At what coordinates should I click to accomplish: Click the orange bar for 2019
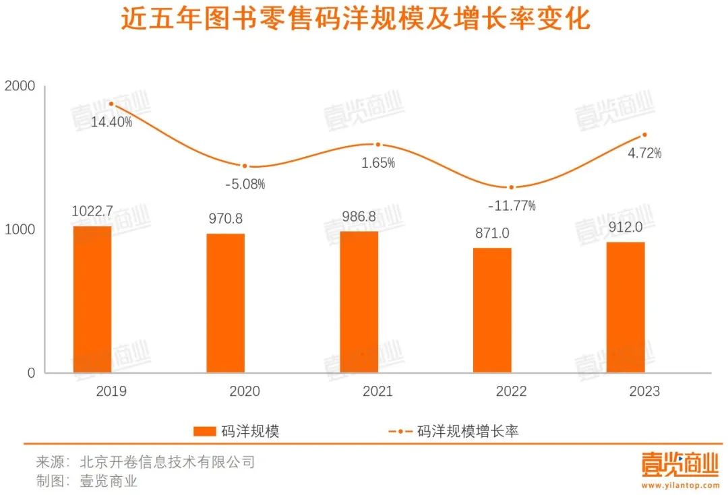point(92,300)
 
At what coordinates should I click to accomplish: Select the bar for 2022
point(492,310)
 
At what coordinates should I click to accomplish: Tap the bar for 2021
point(359,302)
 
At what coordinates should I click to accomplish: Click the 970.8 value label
point(225,218)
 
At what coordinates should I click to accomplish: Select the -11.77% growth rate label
point(512,205)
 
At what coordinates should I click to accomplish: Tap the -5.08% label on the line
point(244,184)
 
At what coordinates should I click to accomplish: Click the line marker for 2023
point(644,135)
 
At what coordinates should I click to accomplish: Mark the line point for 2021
point(378,145)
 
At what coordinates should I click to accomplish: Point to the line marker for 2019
point(111,104)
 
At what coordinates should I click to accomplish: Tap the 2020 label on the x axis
point(244,391)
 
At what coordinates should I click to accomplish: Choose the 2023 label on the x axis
point(644,391)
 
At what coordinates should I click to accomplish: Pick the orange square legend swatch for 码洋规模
point(204,432)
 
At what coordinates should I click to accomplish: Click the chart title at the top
point(355,20)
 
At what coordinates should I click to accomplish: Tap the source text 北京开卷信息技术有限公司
point(167,463)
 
